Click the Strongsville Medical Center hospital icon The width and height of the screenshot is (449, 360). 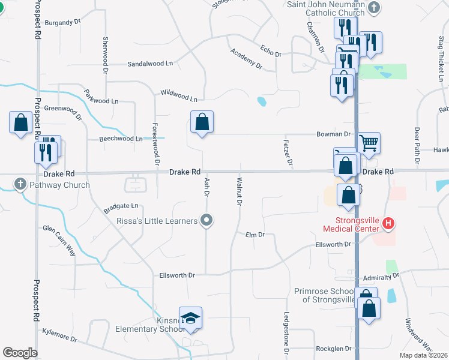(388, 224)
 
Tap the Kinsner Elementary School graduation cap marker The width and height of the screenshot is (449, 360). (190, 318)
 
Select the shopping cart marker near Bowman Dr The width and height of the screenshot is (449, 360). (369, 143)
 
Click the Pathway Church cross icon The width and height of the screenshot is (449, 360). (20, 184)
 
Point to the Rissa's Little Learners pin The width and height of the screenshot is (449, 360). (207, 221)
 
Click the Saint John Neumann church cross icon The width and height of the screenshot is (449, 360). (375, 8)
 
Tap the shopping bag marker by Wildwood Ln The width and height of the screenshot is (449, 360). (202, 122)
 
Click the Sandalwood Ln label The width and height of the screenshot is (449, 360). (149, 63)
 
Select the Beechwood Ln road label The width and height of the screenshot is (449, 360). (121, 139)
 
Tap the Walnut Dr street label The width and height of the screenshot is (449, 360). (239, 191)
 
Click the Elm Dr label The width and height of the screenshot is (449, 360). (255, 235)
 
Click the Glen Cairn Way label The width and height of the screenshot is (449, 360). (59, 240)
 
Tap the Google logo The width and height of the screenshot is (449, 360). (20, 353)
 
